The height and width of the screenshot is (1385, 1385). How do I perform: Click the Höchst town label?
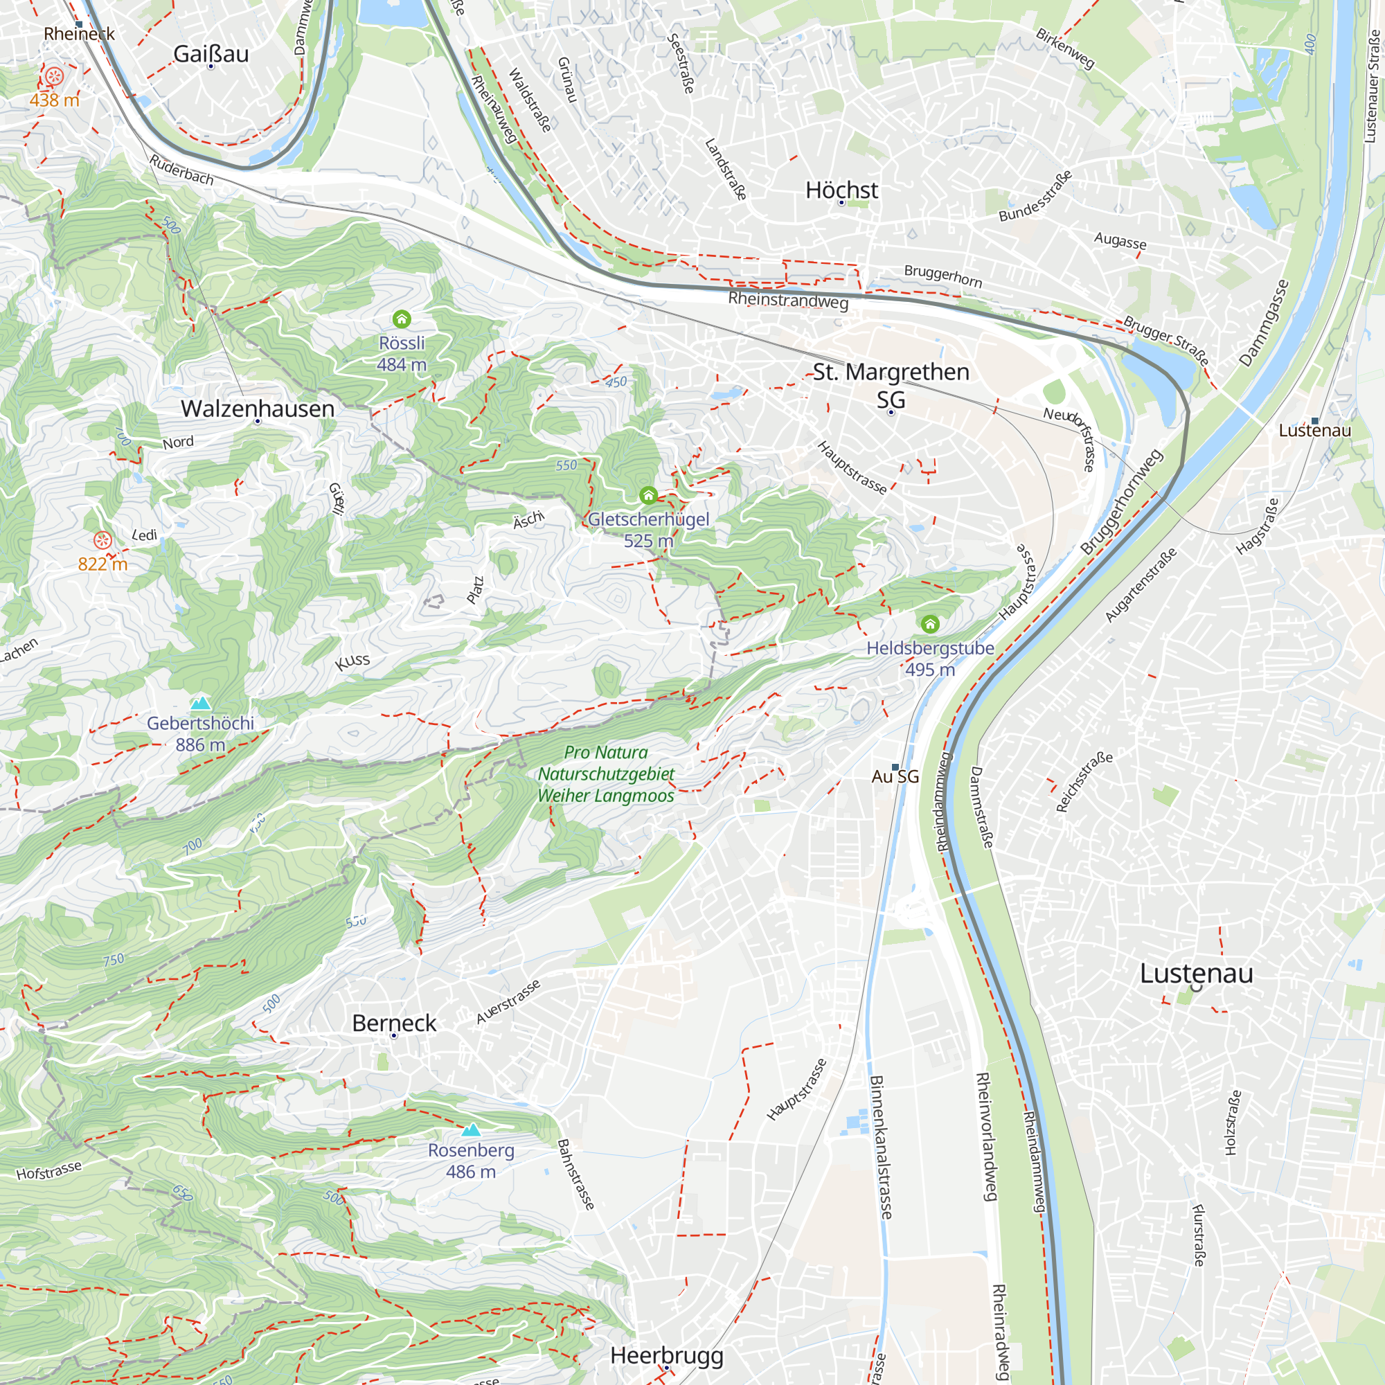click(841, 190)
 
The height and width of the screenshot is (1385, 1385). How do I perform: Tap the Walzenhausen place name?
click(258, 409)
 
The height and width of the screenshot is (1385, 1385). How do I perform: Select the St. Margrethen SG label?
click(891, 384)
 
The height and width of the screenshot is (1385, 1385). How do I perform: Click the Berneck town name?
click(393, 1023)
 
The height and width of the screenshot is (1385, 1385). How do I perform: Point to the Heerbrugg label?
click(667, 1355)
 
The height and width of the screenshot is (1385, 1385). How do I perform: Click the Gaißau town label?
click(211, 54)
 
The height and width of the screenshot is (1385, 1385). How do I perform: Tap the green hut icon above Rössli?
click(402, 319)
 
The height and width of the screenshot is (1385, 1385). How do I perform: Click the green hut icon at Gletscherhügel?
click(648, 495)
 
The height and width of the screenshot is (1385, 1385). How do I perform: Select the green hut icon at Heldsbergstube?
click(930, 624)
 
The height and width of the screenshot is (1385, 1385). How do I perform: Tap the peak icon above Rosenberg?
click(471, 1129)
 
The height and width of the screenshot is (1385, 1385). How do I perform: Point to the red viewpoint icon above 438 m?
click(55, 76)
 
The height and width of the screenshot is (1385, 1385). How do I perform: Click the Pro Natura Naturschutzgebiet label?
click(606, 774)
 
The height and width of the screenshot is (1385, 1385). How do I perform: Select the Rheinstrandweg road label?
click(788, 300)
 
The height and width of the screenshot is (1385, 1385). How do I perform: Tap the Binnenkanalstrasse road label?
click(880, 1147)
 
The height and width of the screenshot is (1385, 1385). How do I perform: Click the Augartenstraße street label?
click(1141, 584)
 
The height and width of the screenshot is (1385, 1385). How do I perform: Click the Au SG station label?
click(895, 776)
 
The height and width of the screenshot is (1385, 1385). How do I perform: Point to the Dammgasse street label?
click(1263, 323)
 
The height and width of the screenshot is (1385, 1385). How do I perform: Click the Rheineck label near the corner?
click(79, 34)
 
